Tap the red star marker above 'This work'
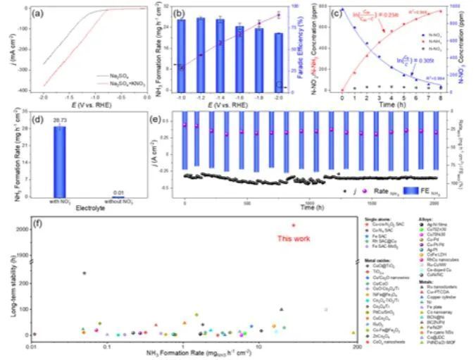point(294,225)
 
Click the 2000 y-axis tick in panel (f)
point(22,229)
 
